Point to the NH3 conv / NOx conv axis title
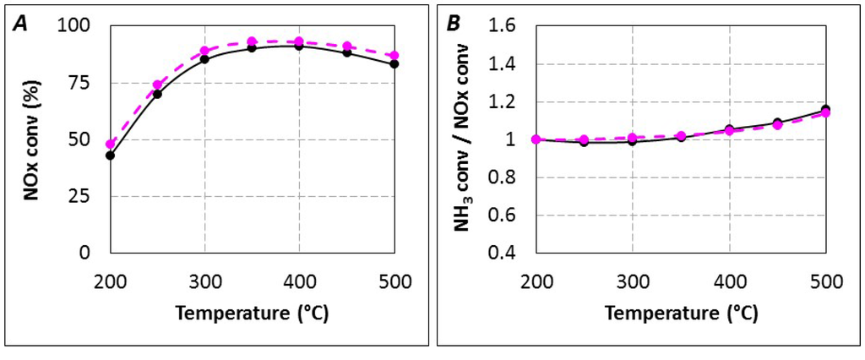(466, 139)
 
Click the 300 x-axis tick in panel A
(204, 280)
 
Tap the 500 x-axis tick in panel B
(825, 280)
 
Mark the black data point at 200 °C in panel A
(110, 155)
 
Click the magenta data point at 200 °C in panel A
(110, 144)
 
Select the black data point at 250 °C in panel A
(157, 94)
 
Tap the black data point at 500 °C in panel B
(825, 109)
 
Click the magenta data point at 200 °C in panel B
(536, 139)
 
